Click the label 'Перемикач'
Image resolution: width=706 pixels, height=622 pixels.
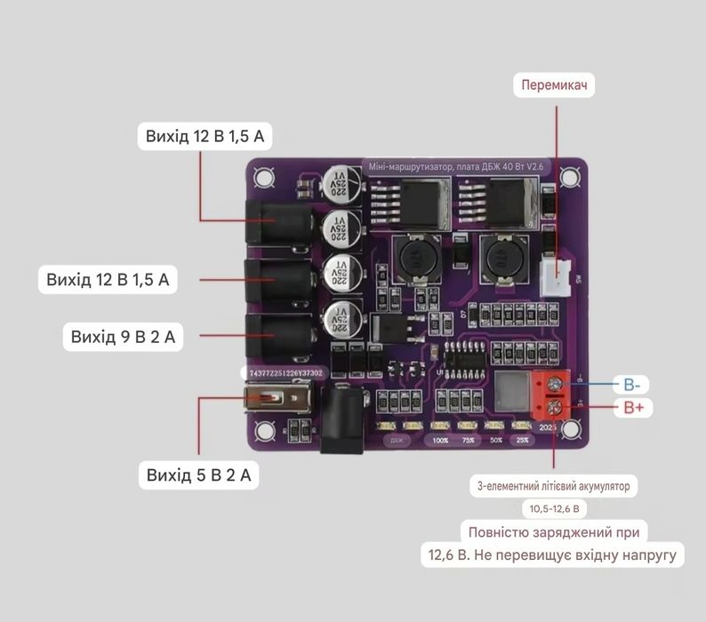pyautogui.click(x=557, y=85)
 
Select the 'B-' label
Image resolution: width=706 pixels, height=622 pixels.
pyautogui.click(x=632, y=385)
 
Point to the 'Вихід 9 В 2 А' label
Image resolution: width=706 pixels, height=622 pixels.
pyautogui.click(x=122, y=337)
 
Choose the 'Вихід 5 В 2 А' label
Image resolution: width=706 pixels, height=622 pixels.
pyautogui.click(x=198, y=475)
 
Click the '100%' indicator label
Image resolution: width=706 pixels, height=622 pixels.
pyautogui.click(x=440, y=440)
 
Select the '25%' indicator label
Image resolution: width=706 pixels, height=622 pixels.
pyautogui.click(x=523, y=440)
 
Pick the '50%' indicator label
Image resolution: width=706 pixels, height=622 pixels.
pyautogui.click(x=495, y=440)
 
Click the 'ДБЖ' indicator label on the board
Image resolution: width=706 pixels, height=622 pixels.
pyautogui.click(x=396, y=440)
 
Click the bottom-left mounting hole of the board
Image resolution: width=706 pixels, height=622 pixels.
pyautogui.click(x=263, y=433)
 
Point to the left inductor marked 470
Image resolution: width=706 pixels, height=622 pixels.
pyautogui.click(x=414, y=258)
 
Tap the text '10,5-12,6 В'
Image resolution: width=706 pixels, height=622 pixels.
pyautogui.click(x=553, y=509)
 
